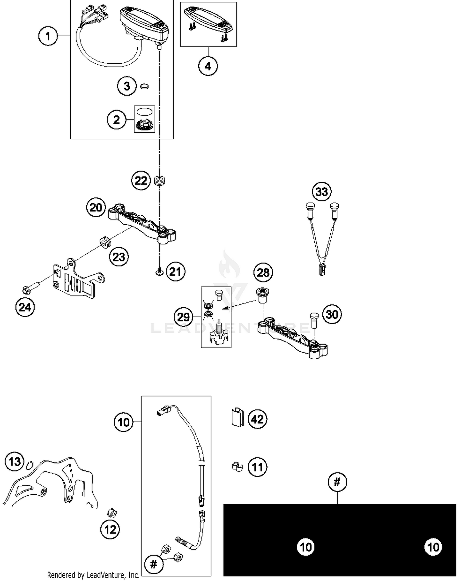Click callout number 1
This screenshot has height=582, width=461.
(48, 36)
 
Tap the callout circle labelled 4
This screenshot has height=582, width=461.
(208, 66)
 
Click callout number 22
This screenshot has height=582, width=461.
(141, 181)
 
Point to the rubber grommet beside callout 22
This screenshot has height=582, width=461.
(160, 180)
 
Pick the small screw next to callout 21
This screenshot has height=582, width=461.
(159, 271)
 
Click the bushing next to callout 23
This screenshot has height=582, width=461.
(105, 242)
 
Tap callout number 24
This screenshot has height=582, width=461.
(25, 307)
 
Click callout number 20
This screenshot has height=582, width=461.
(96, 207)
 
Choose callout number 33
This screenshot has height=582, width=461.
(322, 192)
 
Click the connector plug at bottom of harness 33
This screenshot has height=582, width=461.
(322, 270)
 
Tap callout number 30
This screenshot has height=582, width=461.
(332, 314)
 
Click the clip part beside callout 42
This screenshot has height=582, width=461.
(237, 418)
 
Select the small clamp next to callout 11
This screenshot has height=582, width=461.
(237, 467)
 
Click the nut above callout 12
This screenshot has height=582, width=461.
(112, 513)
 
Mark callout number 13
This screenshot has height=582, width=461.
(14, 461)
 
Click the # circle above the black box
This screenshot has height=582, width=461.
(337, 482)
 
